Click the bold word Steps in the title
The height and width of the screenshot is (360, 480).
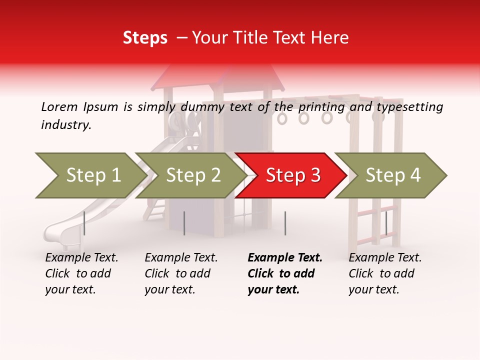tap(145, 38)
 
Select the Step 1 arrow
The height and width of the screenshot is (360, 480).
tap(90, 175)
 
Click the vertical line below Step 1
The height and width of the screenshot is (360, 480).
tap(84, 223)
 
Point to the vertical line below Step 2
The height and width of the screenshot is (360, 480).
tap(184, 223)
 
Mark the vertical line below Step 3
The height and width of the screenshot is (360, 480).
tap(285, 223)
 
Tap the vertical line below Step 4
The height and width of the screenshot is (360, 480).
tap(386, 223)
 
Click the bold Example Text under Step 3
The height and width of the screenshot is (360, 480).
tap(285, 258)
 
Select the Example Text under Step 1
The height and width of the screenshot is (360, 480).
tap(81, 258)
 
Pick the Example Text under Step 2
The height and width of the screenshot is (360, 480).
tap(181, 258)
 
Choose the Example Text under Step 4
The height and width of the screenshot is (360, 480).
tap(385, 258)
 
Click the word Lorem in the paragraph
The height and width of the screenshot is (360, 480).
tap(59, 107)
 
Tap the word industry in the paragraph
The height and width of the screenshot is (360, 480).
tap(66, 125)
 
